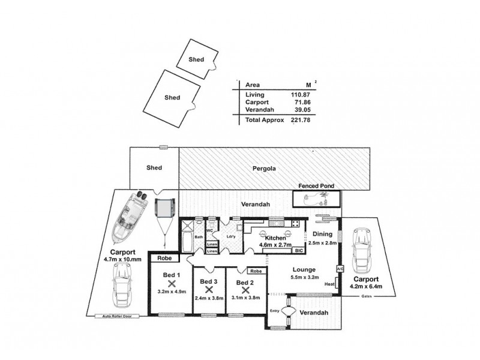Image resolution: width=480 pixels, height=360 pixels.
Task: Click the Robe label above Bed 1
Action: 164,259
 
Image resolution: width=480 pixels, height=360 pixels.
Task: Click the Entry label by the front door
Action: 275,310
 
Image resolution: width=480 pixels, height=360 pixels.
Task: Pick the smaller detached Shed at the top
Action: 196,59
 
